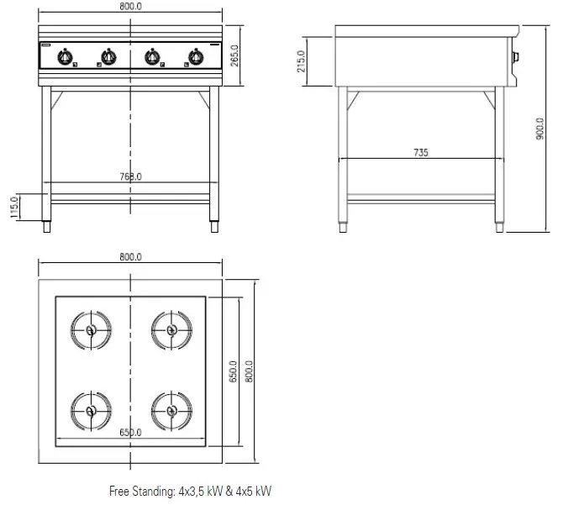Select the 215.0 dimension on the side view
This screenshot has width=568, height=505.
302,60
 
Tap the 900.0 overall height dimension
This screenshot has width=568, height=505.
540,129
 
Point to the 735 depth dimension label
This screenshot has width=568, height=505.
421,152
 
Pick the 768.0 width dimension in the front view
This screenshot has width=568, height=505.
130,176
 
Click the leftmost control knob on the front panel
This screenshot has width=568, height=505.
65,57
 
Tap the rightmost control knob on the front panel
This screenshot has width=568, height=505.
196,57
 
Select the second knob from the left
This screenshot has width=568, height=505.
108,57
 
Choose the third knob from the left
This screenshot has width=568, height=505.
152,57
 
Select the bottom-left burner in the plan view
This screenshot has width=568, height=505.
90,411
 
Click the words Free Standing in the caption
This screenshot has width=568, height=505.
139,490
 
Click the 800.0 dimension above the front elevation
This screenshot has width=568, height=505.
130,6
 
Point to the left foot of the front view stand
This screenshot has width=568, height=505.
47,225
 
